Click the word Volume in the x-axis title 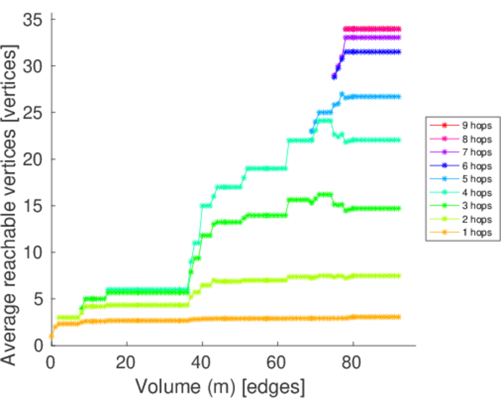pyautogui.click(x=167, y=385)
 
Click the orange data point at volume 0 pyautogui.click(x=51, y=336)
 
